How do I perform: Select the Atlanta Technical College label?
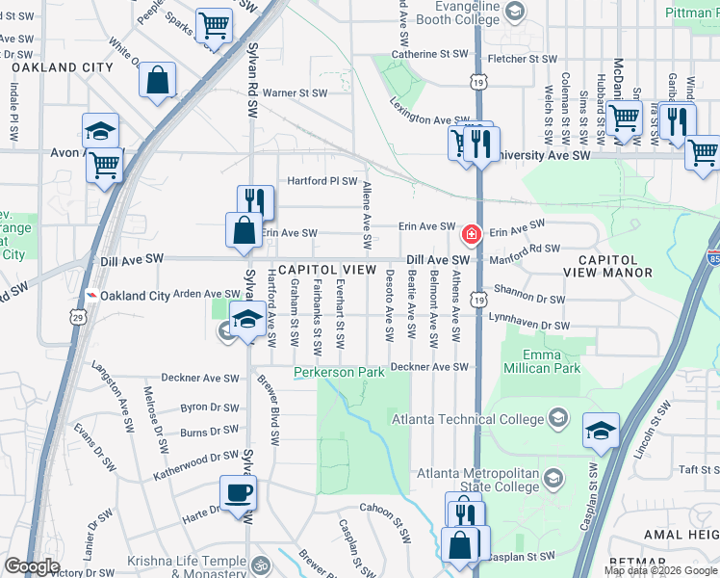pos(466,417)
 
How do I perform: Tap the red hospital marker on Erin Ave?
pos(472,233)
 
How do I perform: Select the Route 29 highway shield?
pos(78,315)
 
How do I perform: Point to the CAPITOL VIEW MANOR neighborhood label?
pos(621,267)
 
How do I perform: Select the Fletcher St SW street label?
pos(521,59)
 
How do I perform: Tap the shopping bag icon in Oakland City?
pos(157,82)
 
